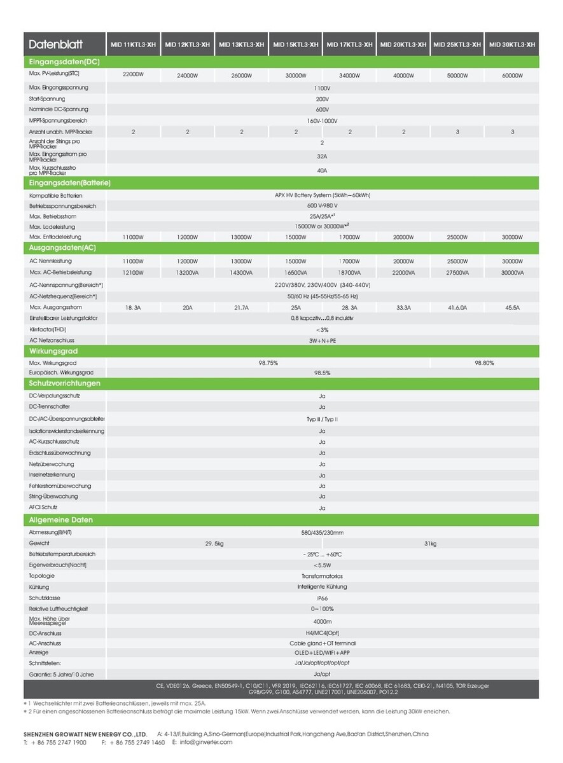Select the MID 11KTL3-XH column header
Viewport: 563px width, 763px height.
point(133,45)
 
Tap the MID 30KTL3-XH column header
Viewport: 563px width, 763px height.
point(511,45)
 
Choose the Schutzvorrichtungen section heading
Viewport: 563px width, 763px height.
point(65,383)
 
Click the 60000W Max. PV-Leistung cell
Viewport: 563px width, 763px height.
point(512,75)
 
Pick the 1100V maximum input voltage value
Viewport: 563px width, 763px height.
point(322,88)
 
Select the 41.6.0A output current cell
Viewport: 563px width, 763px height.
point(457,307)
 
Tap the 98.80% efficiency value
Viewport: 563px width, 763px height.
point(484,362)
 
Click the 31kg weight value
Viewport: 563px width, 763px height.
point(430,544)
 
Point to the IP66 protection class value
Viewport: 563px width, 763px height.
point(322,598)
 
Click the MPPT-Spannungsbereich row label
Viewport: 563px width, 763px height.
point(58,120)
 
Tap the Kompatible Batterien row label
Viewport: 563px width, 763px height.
point(56,195)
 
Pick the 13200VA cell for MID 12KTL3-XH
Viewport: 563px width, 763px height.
point(187,272)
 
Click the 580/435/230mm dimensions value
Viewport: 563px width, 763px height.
point(322,532)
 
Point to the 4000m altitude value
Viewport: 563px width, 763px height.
point(322,621)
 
